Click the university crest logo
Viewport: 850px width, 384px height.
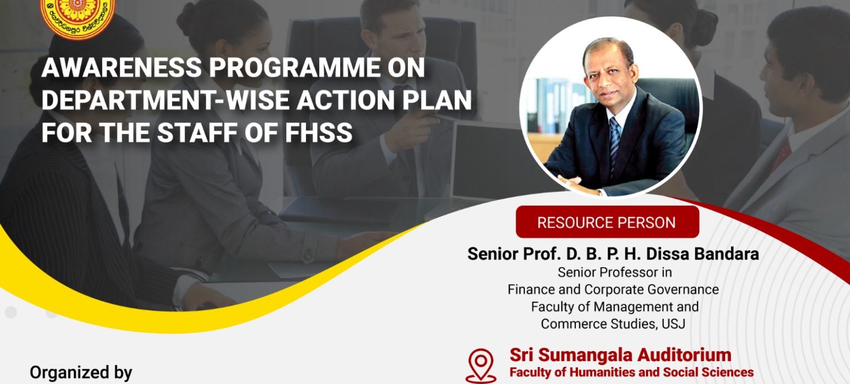tap(78, 18)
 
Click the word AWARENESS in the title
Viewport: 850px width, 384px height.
tap(122, 67)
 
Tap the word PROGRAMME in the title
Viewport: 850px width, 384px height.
tap(294, 67)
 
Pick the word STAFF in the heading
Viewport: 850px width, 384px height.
tap(197, 133)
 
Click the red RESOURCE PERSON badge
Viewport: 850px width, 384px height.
tap(607, 222)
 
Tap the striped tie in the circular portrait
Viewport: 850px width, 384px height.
tap(614, 144)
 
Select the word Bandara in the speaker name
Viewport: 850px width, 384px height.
tap(726, 254)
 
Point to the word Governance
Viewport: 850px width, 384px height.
tap(683, 290)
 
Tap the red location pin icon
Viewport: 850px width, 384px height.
tap(481, 365)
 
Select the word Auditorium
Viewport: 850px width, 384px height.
tap(684, 355)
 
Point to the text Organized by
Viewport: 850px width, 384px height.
tap(81, 373)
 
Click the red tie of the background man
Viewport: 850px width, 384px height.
tap(782, 156)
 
